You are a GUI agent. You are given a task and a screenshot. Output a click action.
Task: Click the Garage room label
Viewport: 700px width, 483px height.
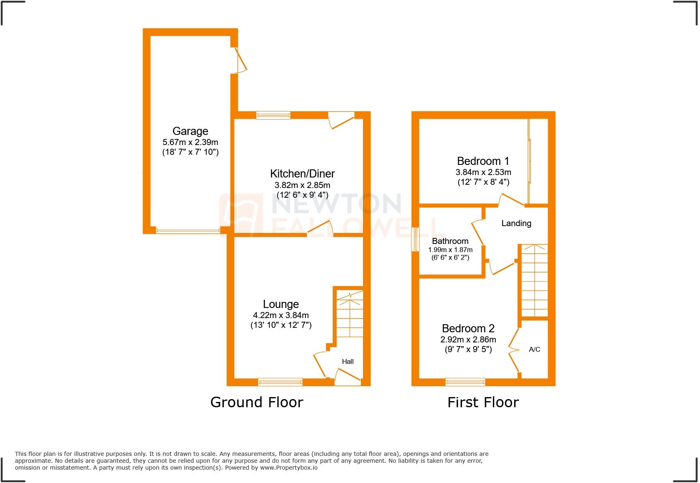click(x=190, y=131)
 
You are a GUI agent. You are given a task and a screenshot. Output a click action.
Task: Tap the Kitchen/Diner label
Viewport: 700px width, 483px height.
click(x=302, y=174)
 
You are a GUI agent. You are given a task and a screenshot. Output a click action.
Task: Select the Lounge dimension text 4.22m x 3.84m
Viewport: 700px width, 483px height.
click(x=281, y=315)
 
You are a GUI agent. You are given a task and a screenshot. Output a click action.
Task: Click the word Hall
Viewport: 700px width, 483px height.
click(x=348, y=362)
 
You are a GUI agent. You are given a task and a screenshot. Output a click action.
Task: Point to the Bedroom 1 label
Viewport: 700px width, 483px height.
click(x=483, y=161)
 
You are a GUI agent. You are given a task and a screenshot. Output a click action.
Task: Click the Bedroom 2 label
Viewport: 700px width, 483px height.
click(x=468, y=329)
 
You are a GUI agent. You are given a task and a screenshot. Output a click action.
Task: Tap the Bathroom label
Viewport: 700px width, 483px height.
click(x=450, y=241)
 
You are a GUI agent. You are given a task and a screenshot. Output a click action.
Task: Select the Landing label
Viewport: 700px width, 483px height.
click(x=516, y=223)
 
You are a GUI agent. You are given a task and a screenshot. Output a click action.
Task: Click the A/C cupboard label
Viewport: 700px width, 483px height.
click(x=534, y=349)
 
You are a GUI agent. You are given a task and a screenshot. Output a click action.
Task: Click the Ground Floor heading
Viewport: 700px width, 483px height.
click(x=256, y=402)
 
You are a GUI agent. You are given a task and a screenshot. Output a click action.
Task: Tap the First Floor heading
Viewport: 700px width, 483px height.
click(x=483, y=402)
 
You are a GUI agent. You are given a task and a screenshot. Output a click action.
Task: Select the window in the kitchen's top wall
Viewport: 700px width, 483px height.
click(x=273, y=115)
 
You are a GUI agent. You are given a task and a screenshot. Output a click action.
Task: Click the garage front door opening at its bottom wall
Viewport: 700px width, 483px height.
click(x=188, y=231)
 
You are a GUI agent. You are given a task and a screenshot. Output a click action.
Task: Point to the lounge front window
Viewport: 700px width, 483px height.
click(x=280, y=382)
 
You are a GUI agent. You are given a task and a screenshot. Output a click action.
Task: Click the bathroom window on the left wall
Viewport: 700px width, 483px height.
click(x=415, y=239)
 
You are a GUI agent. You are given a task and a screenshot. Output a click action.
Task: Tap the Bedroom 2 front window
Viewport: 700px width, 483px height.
click(x=465, y=382)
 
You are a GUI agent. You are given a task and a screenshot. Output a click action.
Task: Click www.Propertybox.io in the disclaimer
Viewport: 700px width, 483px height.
click(x=288, y=468)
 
